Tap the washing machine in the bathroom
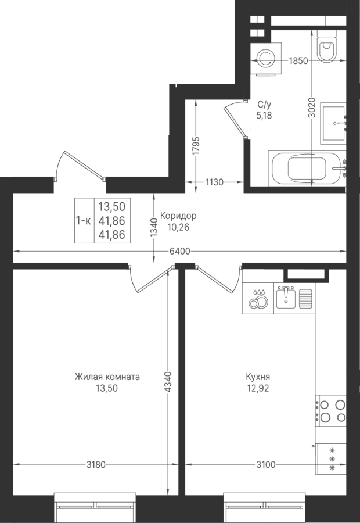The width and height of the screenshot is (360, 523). (266, 59)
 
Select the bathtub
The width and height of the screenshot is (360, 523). (307, 168)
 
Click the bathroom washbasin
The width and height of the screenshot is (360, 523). (333, 123)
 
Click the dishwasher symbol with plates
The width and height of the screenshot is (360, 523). (258, 298)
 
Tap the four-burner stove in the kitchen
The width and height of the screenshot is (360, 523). (331, 411)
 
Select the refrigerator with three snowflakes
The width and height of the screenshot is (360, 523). (331, 459)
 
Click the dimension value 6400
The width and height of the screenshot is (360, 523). (180, 251)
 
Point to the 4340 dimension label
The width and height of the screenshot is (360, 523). (169, 382)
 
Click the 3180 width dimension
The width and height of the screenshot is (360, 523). (96, 464)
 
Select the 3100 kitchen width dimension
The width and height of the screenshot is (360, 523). (266, 464)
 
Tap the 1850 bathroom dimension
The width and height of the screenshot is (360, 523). (298, 60)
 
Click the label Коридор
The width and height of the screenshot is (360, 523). (178, 216)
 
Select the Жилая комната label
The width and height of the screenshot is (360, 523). (107, 377)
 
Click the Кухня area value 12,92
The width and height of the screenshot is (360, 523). (258, 388)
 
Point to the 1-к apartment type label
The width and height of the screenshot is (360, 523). (84, 220)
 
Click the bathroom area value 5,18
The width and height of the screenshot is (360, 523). (264, 116)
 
